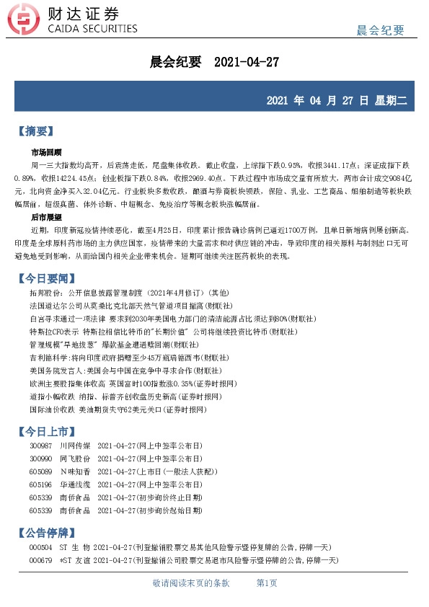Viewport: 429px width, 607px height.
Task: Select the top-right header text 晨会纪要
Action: click(x=381, y=30)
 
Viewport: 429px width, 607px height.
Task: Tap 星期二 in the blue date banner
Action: click(x=391, y=100)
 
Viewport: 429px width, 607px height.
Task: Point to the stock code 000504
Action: click(x=41, y=547)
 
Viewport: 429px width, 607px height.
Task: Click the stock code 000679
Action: click(x=41, y=559)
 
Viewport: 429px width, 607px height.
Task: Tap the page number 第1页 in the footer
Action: click(x=267, y=583)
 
